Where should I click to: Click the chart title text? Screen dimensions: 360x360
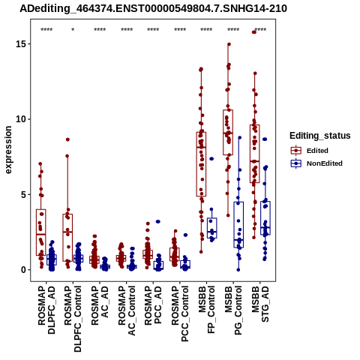(x=153, y=9)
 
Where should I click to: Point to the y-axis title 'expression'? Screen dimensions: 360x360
(x=8, y=150)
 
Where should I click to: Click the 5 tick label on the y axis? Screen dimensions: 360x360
(x=23, y=194)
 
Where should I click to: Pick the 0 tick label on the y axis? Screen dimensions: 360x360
(x=23, y=270)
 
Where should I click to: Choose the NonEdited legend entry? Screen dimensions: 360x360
(x=316, y=163)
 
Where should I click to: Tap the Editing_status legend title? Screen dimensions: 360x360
(x=320, y=136)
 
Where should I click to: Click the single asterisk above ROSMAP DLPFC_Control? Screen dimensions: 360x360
(x=73, y=30)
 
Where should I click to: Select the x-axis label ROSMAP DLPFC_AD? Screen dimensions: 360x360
(x=46, y=310)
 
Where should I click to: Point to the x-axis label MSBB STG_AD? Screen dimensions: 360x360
(x=260, y=304)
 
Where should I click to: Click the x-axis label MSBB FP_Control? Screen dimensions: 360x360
(x=207, y=310)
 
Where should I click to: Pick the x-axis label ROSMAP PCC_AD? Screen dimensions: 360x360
(x=153, y=305)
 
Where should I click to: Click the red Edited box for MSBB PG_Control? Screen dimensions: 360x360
(x=228, y=133)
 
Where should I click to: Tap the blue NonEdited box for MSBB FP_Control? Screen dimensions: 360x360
(x=212, y=228)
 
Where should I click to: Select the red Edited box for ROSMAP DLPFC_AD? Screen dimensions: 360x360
(x=41, y=232)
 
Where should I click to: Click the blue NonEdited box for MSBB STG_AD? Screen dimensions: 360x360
(x=265, y=218)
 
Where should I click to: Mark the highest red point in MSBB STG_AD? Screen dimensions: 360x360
(x=254, y=32)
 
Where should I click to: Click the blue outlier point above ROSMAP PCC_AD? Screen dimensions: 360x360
(x=158, y=222)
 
